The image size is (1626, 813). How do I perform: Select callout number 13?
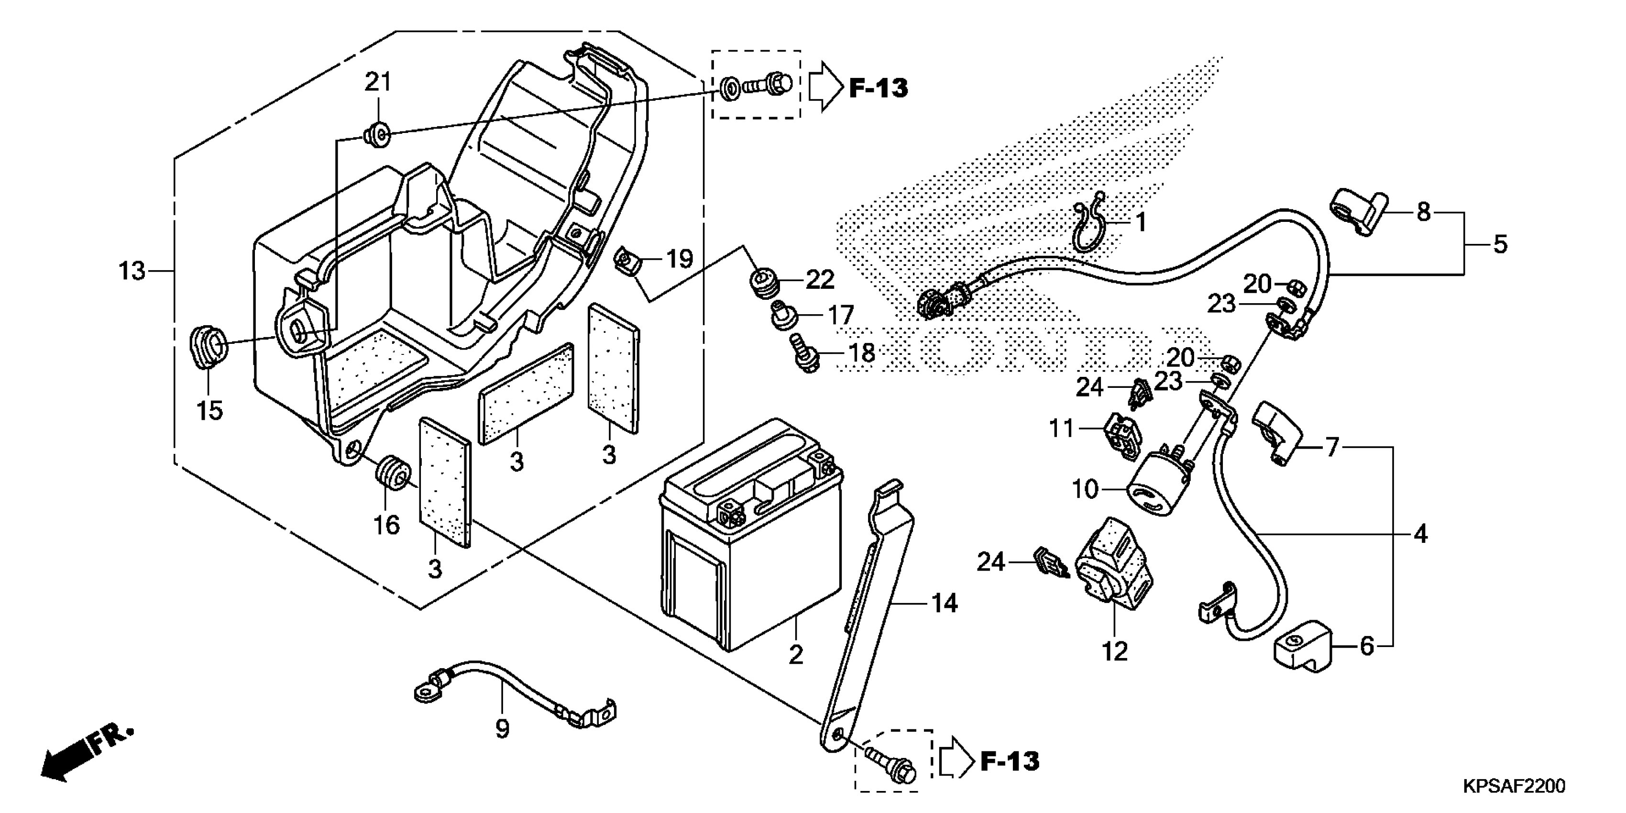[x=132, y=272]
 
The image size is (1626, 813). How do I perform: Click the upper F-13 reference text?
[x=878, y=89]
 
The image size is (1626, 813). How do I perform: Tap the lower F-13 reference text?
[x=1009, y=761]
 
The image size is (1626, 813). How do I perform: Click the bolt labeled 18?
[x=803, y=353]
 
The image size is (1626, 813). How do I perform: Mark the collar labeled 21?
[x=377, y=134]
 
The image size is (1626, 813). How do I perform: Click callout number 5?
[x=1500, y=244]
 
